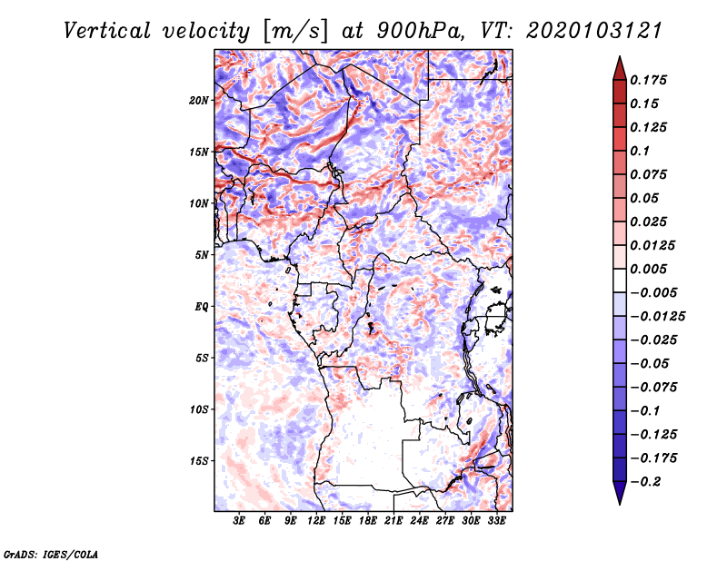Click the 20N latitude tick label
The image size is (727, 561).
(199, 101)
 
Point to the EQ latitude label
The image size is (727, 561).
(202, 307)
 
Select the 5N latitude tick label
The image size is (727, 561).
(202, 255)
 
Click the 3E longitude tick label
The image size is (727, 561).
(239, 520)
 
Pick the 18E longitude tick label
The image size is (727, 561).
(368, 520)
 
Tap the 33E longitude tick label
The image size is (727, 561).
(496, 520)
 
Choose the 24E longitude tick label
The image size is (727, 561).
(419, 520)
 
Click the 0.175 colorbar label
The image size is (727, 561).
(648, 80)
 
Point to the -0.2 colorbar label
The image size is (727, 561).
(645, 482)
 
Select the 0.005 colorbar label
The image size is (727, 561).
(648, 269)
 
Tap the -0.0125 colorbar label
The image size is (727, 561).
(657, 317)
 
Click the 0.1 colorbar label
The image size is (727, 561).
(640, 151)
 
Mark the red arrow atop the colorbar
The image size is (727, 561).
(620, 68)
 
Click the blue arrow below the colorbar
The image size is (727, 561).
(620, 493)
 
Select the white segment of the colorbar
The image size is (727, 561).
(620, 280)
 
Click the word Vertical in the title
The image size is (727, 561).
(107, 31)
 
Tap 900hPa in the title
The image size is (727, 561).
(419, 31)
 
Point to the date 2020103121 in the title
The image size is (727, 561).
(594, 31)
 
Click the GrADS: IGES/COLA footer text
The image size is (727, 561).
(50, 554)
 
